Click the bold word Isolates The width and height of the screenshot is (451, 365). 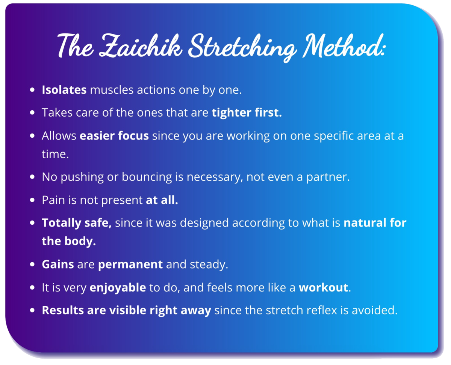(x=64, y=90)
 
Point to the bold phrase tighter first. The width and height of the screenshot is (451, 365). (x=247, y=113)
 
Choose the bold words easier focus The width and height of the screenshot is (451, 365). (x=114, y=135)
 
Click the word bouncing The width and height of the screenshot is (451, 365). (x=147, y=177)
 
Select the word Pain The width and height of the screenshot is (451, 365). (x=53, y=200)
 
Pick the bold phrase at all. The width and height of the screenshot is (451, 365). (x=162, y=200)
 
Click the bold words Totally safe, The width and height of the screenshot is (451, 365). (x=77, y=223)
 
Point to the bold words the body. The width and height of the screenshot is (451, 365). (x=69, y=241)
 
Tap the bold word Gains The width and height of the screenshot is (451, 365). (x=58, y=264)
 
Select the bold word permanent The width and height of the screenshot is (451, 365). (x=130, y=264)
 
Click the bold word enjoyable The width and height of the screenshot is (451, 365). (x=118, y=288)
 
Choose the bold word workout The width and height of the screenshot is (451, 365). (x=324, y=287)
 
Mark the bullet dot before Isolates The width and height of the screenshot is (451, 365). (x=32, y=90)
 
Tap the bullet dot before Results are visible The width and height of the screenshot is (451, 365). (x=32, y=310)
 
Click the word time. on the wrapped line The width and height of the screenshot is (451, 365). (x=55, y=154)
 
